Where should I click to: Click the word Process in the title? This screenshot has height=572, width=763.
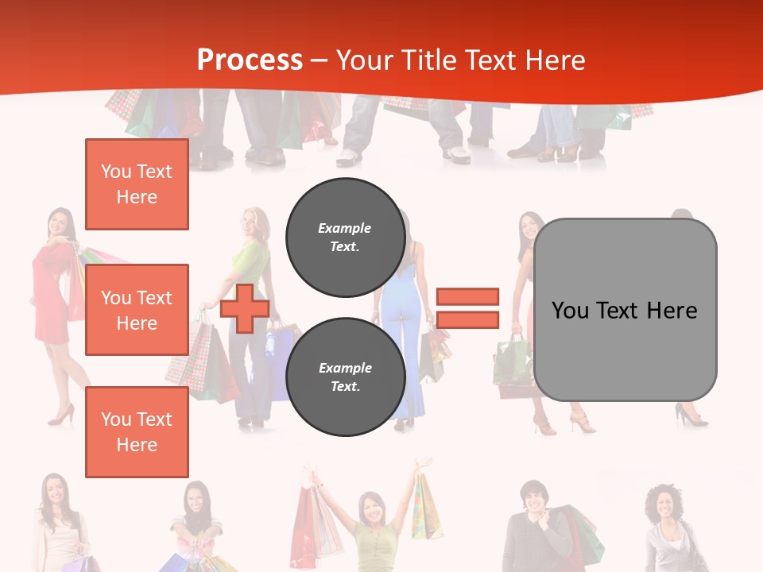coord(250,60)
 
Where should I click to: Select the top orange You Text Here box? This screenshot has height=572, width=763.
coord(137,184)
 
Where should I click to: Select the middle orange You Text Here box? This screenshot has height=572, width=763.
coord(137,310)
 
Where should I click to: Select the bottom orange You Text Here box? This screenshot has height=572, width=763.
coord(137,431)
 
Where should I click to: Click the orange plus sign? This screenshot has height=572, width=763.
coord(245,309)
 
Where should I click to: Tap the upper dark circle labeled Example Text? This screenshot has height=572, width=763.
coord(345,238)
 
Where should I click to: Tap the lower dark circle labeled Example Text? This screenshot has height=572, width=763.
coord(345,377)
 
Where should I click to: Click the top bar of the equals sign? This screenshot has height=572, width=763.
coord(467,296)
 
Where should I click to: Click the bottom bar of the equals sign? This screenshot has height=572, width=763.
coord(467,319)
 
